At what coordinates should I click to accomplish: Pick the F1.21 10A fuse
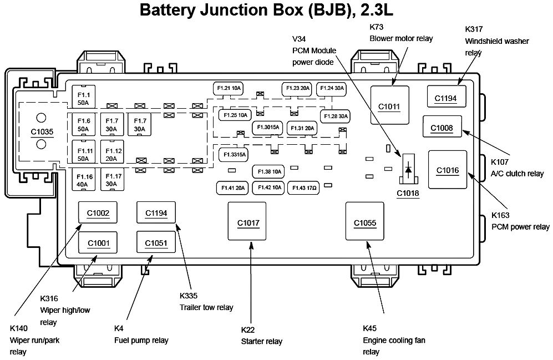tap(229, 89)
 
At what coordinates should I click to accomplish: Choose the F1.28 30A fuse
tap(335, 116)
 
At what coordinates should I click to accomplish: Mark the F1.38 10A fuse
tap(268, 171)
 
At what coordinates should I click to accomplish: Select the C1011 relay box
tap(389, 106)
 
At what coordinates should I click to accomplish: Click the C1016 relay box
tap(448, 170)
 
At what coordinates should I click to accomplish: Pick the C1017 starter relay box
tap(248, 223)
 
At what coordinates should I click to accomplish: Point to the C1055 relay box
tap(365, 223)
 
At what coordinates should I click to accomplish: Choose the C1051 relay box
tap(156, 242)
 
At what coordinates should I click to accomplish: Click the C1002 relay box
tap(98, 212)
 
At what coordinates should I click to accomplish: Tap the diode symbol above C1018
tap(408, 169)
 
